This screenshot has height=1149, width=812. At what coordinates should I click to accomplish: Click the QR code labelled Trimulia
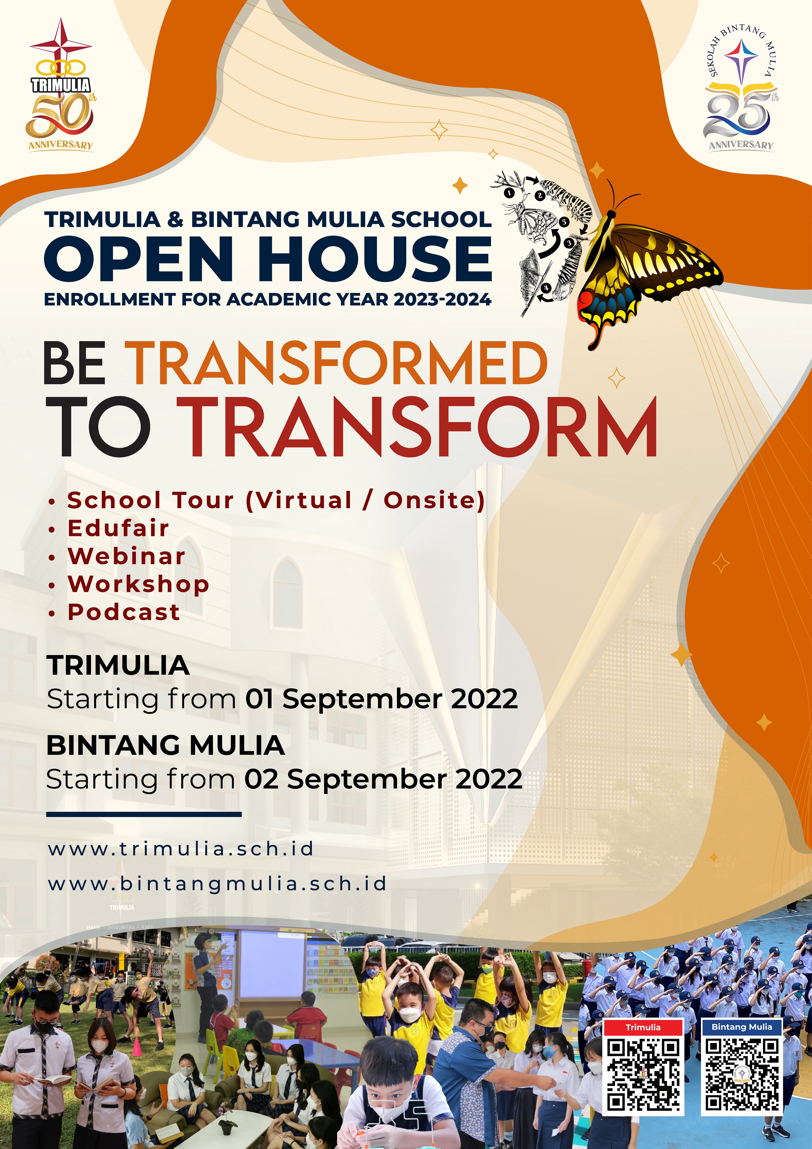(x=643, y=1073)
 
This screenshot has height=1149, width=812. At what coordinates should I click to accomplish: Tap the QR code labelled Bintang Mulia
(x=742, y=1073)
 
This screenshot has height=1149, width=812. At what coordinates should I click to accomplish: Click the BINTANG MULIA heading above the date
(x=165, y=745)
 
